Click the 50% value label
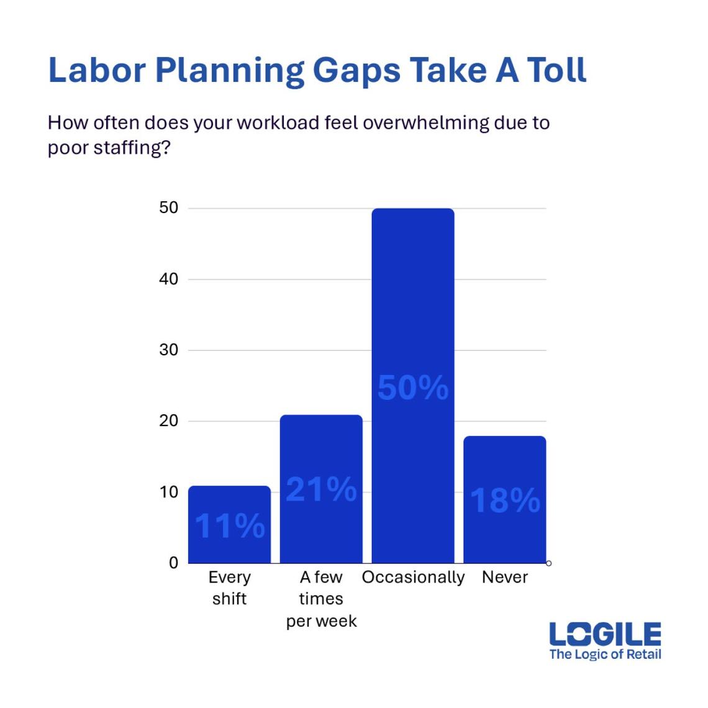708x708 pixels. pyautogui.click(x=413, y=388)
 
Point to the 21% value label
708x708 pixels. pyautogui.click(x=321, y=489)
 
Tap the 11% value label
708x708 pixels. pyautogui.click(x=229, y=525)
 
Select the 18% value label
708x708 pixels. pyautogui.click(x=505, y=500)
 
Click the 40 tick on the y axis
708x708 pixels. pyautogui.click(x=169, y=279)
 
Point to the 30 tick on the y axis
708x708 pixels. pyautogui.click(x=169, y=350)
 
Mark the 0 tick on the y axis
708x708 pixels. pyautogui.click(x=173, y=563)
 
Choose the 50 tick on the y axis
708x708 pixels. pyautogui.click(x=169, y=208)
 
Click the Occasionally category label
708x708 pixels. pyautogui.click(x=413, y=578)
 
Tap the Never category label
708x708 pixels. pyautogui.click(x=505, y=578)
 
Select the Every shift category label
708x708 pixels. pyautogui.click(x=229, y=588)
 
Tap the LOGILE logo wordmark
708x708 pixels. pyautogui.click(x=605, y=635)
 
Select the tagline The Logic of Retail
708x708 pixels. pyautogui.click(x=605, y=654)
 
